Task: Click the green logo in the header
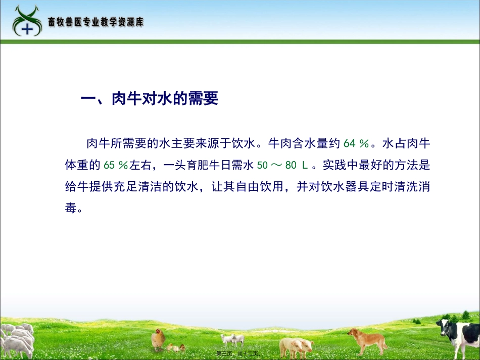point(27,21)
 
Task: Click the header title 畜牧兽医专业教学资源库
point(96,23)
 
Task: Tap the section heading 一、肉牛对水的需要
point(150,99)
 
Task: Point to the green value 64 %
point(357,143)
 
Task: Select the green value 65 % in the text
point(116,165)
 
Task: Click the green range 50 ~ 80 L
point(286,165)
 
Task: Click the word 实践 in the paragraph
point(333,165)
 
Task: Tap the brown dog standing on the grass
point(367,339)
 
